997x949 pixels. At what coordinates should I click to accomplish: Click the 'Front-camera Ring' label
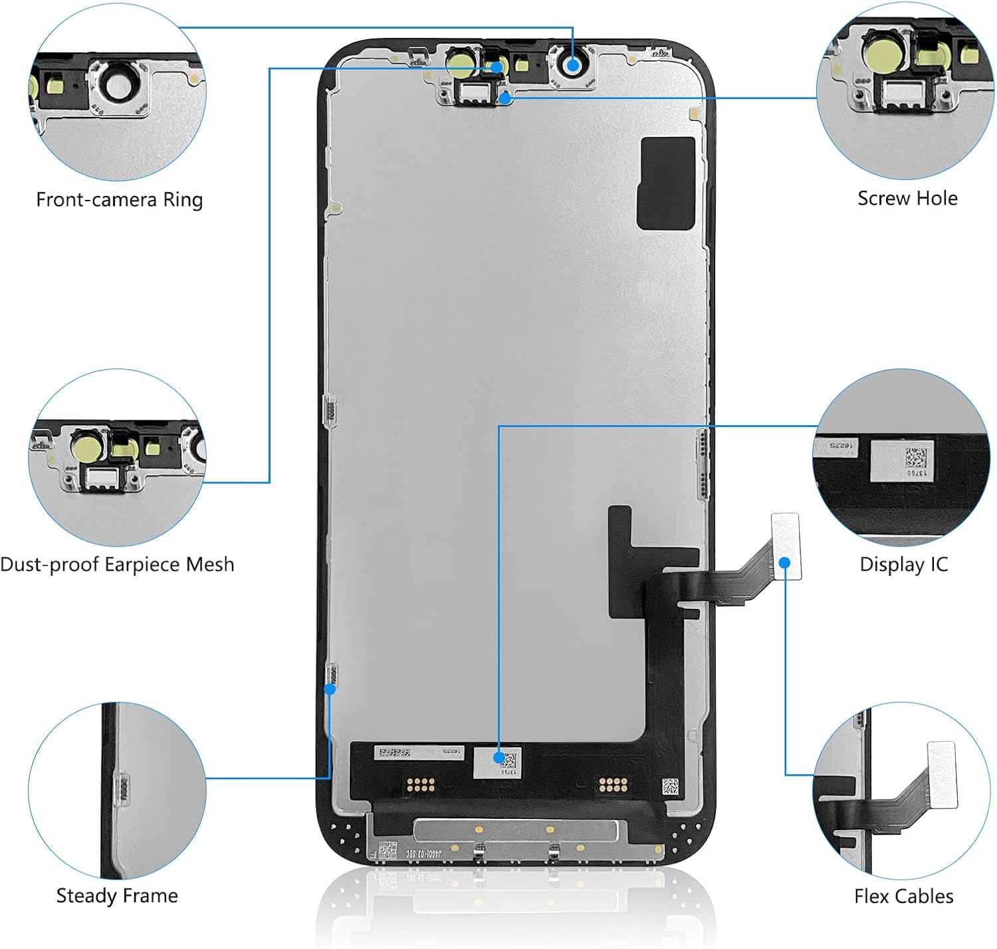(x=119, y=199)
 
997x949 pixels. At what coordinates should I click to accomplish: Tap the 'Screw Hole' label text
(x=907, y=198)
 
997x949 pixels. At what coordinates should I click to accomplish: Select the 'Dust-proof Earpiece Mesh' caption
(x=118, y=564)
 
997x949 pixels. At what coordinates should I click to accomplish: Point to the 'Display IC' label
(x=904, y=564)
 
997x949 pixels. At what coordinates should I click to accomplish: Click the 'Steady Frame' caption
(x=117, y=896)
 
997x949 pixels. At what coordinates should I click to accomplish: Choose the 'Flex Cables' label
(x=904, y=897)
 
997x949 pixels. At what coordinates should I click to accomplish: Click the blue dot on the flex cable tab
(x=784, y=562)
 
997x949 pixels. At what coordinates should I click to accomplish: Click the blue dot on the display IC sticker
(x=498, y=758)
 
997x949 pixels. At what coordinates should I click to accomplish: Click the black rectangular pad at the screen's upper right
(x=666, y=183)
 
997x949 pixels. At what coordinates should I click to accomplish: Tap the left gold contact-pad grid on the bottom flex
(x=421, y=784)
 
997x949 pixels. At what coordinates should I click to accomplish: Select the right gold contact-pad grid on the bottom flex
(x=613, y=784)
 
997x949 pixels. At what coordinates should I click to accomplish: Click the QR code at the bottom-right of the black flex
(x=670, y=787)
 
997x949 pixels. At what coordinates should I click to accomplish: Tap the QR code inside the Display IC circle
(x=916, y=457)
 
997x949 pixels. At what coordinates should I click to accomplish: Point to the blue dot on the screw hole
(x=505, y=99)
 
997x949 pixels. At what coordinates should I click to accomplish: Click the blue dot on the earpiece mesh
(x=497, y=67)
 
